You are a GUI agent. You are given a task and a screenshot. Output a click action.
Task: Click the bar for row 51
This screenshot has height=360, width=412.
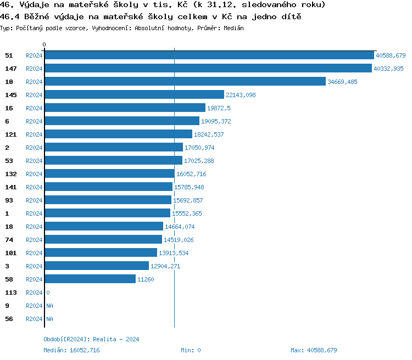(209, 55)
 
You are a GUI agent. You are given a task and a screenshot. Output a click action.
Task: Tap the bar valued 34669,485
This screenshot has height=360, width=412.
(185, 82)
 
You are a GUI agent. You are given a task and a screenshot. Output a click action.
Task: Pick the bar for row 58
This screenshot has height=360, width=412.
(90, 279)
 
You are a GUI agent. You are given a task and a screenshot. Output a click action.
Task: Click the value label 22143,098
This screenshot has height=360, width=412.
(241, 95)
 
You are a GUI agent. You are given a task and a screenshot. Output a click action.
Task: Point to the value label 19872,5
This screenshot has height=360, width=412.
(219, 108)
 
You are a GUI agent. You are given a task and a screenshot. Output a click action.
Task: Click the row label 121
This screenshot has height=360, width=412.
(11, 134)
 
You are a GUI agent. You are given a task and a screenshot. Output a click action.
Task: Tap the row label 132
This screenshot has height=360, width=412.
(11, 174)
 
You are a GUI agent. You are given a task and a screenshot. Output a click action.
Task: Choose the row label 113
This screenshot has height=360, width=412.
(11, 292)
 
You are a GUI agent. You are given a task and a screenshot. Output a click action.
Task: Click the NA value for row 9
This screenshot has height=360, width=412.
(49, 306)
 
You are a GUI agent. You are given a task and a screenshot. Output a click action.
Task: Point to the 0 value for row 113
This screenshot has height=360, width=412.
(48, 292)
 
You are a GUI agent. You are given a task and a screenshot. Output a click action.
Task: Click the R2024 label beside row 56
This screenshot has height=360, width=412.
(34, 319)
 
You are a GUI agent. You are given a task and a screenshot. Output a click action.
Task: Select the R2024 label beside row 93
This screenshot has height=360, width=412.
(34, 200)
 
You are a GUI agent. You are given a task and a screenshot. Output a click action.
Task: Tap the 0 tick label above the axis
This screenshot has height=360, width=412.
(44, 44)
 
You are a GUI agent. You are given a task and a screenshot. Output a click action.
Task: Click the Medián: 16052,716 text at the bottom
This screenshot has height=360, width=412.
(71, 350)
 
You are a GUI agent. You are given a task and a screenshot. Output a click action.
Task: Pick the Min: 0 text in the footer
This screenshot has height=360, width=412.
(191, 350)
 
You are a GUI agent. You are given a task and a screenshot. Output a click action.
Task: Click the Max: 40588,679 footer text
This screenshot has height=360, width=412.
(314, 350)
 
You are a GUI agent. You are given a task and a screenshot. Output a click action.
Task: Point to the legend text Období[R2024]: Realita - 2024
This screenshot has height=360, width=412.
(91, 339)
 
